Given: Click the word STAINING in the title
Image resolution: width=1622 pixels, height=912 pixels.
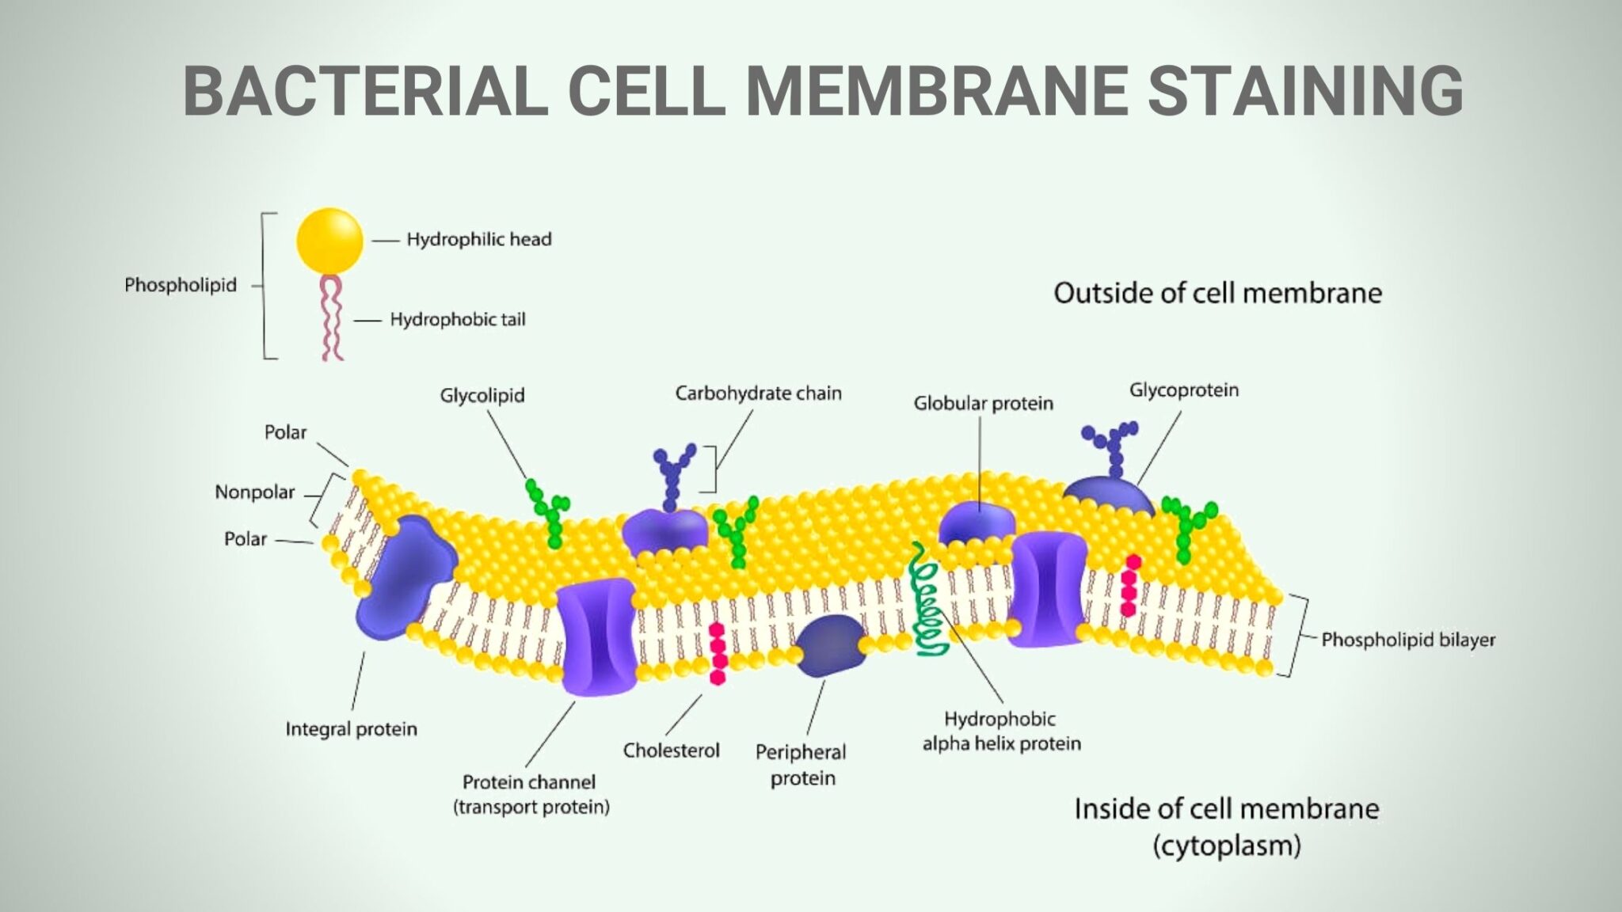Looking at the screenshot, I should coord(1304,90).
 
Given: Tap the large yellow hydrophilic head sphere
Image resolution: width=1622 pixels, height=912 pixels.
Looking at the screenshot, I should coord(329,241).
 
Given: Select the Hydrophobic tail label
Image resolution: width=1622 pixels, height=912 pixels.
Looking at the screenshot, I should coord(457,320).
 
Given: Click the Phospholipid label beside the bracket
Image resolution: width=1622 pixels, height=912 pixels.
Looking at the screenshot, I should coord(181,285).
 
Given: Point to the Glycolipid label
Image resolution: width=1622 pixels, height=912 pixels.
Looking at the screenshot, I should coord(482,395).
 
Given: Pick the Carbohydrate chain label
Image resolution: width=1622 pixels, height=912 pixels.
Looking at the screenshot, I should coord(758,393).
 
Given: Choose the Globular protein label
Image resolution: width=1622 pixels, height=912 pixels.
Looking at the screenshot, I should coord(983,404).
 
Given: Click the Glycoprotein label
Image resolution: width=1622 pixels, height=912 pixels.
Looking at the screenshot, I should coord(1183,390).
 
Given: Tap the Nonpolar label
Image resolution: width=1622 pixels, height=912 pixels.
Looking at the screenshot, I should coord(254,492).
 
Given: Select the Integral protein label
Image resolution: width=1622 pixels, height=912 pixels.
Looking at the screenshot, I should coord(351,729).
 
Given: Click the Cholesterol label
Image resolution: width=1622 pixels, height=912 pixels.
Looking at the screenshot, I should coord(671,750).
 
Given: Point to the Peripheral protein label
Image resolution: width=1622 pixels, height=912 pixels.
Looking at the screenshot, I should coord(801,765).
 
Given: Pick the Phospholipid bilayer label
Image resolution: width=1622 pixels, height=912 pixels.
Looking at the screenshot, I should coord(1407,640).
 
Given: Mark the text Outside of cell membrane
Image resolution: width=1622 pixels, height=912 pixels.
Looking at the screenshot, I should coord(1217,294).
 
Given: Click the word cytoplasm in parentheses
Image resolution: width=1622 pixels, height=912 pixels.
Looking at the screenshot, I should coord(1227,846).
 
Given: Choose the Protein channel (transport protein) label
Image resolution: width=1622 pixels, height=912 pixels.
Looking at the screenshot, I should coord(531,794).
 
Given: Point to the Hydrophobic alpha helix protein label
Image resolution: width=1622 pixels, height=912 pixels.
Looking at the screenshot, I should coord(1001,731).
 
